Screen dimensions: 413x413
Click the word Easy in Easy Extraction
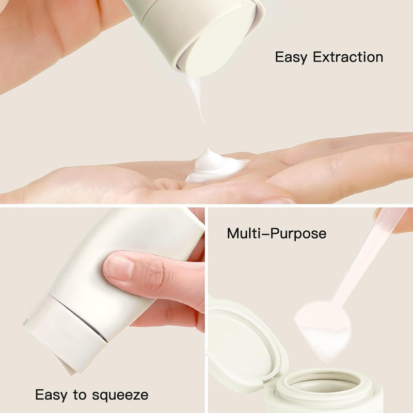pyautogui.click(x=291, y=57)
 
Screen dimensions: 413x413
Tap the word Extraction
pyautogui.click(x=348, y=57)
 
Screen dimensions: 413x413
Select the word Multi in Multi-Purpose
pyautogui.click(x=245, y=233)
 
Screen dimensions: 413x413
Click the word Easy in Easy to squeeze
pyautogui.click(x=51, y=395)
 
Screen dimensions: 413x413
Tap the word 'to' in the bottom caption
pyautogui.click(x=80, y=395)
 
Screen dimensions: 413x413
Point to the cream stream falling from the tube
pyautogui.click(x=196, y=98)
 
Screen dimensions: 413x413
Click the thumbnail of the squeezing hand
pyautogui.click(x=119, y=267)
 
